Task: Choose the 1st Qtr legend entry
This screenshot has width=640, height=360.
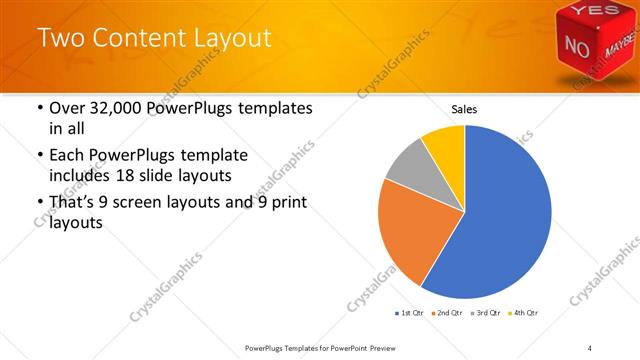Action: click(409, 314)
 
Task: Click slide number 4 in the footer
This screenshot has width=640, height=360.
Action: click(590, 347)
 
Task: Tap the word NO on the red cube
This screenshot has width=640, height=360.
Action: click(579, 46)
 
